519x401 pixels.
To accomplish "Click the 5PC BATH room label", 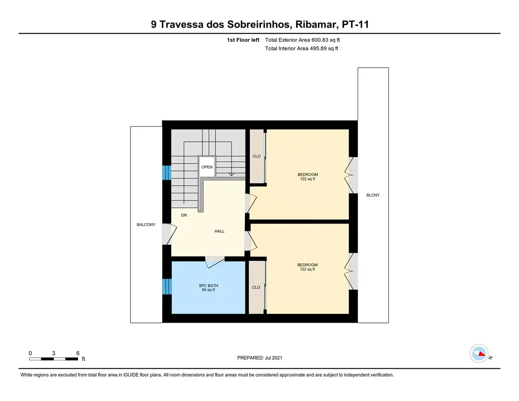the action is [x=209, y=285].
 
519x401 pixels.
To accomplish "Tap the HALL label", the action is [x=219, y=231].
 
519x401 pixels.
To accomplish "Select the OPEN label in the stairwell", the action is [x=207, y=167].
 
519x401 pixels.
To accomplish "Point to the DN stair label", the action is [x=184, y=215].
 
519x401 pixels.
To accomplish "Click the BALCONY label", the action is [x=146, y=225].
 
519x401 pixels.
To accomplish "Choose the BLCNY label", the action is [x=373, y=195].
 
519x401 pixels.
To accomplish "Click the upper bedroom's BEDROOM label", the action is [x=308, y=175].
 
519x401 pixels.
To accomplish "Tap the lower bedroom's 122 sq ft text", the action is [x=308, y=269].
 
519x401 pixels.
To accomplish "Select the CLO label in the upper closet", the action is [x=257, y=156].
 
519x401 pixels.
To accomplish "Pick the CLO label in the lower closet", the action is [x=256, y=287].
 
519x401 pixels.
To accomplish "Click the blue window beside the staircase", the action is [x=167, y=173].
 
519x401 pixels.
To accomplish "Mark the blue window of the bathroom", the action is [x=167, y=287].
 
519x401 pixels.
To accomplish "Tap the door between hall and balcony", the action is [x=170, y=234].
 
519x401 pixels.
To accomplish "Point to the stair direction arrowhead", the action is [x=231, y=175].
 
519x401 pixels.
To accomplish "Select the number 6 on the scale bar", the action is [x=78, y=353].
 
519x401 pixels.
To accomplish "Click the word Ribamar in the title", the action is [x=315, y=25].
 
